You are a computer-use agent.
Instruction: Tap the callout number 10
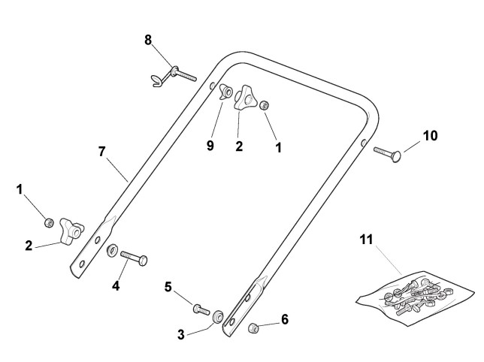point(430,136)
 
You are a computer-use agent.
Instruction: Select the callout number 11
point(366,240)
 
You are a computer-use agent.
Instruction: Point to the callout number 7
point(101,151)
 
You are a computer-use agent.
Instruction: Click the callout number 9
point(210,144)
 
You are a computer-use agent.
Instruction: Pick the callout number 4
point(115,286)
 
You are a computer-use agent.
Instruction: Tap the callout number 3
point(180,333)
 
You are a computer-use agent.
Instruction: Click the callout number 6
point(284,319)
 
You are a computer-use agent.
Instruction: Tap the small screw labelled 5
point(200,308)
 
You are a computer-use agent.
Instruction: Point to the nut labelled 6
point(254,327)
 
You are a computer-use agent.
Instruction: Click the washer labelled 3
point(217,315)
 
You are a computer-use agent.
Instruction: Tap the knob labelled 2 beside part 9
point(245,98)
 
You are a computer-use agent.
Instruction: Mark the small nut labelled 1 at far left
point(48,222)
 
